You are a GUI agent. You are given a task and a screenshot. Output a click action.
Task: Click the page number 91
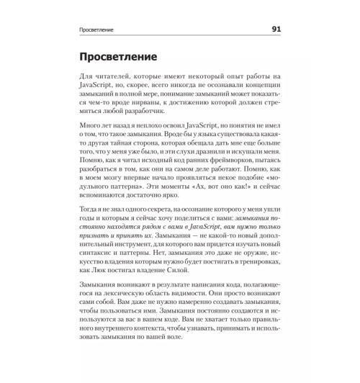click(276, 30)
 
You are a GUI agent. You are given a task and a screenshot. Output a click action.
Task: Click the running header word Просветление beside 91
click(99, 30)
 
